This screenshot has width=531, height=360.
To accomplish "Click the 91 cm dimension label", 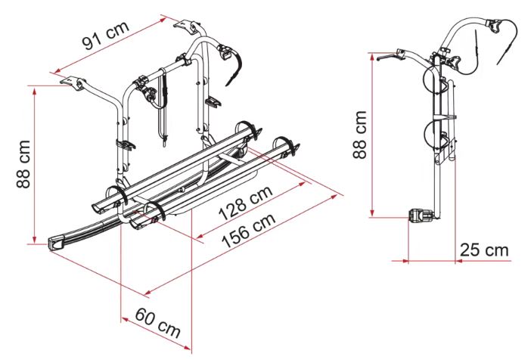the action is point(106,36).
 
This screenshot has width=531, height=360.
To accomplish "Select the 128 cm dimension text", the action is point(246,203).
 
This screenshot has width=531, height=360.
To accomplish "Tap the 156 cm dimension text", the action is point(248,231).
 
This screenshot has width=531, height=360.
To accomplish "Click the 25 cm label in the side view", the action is point(484,250).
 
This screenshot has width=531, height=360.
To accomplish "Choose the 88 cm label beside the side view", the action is point(359,135).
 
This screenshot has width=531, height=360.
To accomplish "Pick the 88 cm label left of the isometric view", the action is point(23,163).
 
